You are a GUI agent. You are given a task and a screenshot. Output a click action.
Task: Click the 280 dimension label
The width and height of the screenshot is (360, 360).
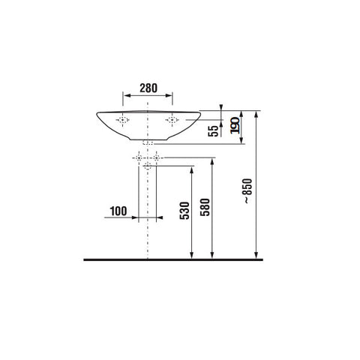pyautogui.click(x=148, y=88)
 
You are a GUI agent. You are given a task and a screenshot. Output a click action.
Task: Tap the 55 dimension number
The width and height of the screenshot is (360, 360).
pyautogui.click(x=213, y=130)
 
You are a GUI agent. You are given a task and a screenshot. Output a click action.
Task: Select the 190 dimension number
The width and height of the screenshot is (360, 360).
pyautogui.click(x=235, y=125)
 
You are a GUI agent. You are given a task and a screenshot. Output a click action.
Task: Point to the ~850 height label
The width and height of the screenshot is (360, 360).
pyautogui.click(x=248, y=190)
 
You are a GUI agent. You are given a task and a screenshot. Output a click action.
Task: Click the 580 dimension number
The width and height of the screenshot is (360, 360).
pyautogui.click(x=205, y=207)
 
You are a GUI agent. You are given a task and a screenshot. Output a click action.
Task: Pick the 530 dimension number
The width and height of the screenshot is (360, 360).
pyautogui.click(x=184, y=211)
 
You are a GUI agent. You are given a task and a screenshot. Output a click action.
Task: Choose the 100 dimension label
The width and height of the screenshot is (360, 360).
pyautogui.click(x=118, y=211)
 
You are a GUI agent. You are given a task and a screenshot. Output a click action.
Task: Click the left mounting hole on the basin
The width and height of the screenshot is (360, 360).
pyautogui.click(x=122, y=120)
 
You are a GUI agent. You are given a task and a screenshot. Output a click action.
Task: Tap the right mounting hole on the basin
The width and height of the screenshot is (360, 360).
pyautogui.click(x=172, y=120)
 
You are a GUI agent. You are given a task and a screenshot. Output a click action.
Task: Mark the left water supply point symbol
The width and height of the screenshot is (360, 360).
pyautogui.click(x=139, y=157)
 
